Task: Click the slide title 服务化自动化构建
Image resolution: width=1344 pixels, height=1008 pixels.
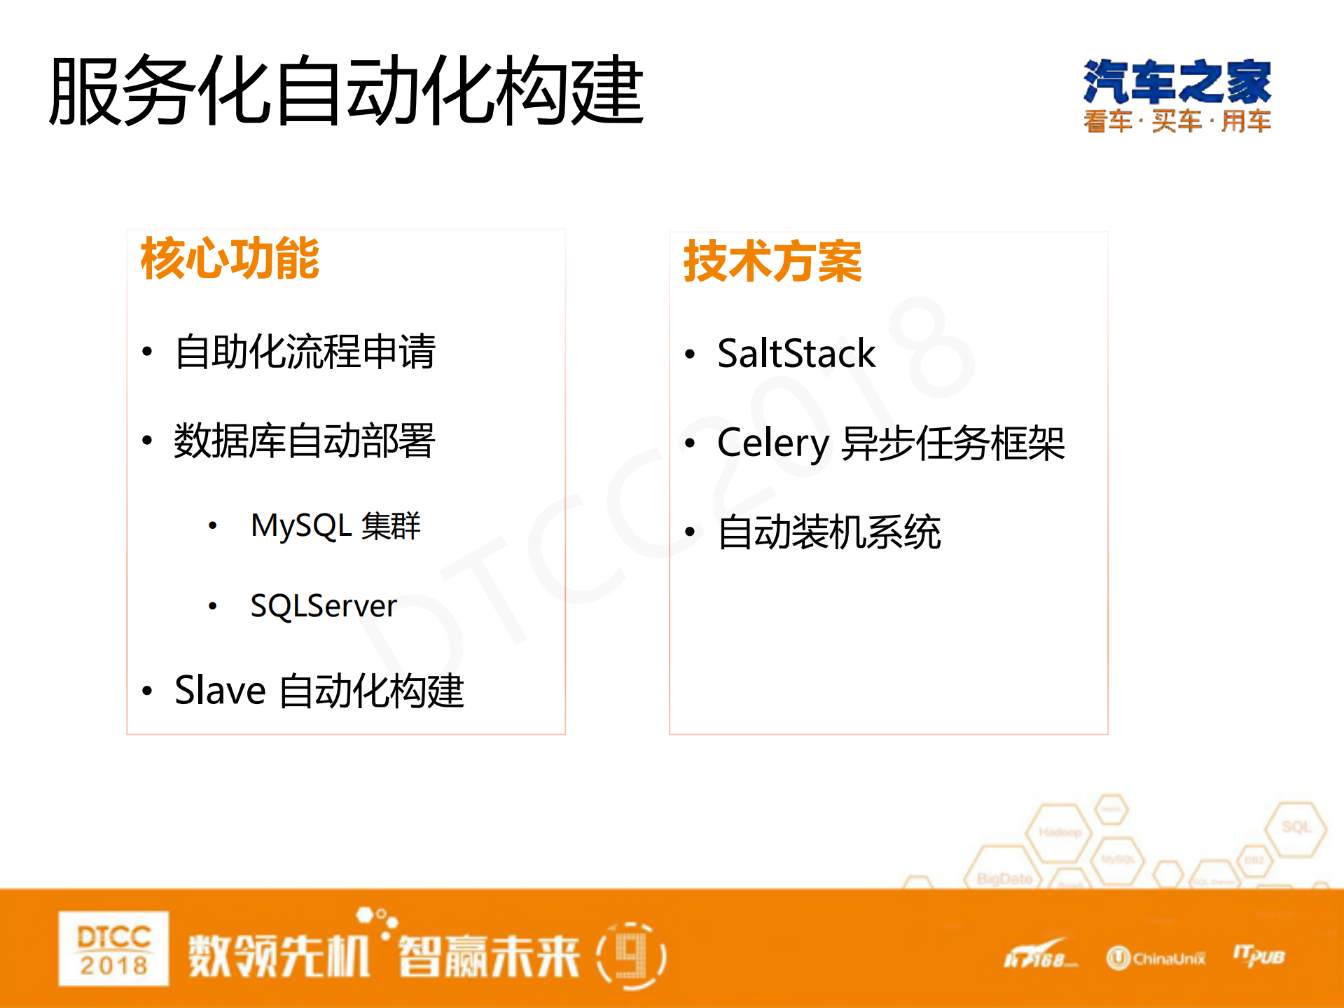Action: [346, 91]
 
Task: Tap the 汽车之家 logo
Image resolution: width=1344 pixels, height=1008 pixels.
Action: [1177, 82]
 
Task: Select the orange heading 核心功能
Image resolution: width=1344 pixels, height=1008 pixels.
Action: [230, 258]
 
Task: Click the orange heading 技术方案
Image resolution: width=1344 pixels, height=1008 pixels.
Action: [773, 261]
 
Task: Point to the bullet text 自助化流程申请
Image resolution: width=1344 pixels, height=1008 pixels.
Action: [305, 352]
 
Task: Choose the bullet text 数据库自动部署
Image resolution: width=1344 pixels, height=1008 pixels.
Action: [305, 441]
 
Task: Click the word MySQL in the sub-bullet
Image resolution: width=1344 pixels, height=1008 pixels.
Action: [300, 526]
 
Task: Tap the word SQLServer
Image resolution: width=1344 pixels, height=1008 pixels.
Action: [324, 606]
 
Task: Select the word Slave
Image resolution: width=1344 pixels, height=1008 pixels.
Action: [220, 691]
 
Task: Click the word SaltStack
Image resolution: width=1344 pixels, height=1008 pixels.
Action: [796, 353]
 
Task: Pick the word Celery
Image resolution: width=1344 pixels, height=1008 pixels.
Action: [773, 443]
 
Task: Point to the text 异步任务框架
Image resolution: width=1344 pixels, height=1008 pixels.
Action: [952, 443]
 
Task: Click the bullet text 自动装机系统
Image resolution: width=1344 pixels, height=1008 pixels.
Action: [829, 532]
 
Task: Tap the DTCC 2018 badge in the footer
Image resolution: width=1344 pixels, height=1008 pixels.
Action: [113, 949]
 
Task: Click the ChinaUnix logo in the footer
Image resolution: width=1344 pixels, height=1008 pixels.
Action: [1156, 958]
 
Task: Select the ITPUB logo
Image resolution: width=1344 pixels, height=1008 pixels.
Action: [1259, 956]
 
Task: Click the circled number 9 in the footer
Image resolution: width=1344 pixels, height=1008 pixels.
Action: [631, 956]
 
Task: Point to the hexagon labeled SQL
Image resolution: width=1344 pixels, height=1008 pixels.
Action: [1296, 828]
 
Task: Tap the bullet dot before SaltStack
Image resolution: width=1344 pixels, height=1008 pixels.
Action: [690, 354]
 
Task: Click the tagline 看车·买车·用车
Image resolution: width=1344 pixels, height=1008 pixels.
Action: [1177, 121]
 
